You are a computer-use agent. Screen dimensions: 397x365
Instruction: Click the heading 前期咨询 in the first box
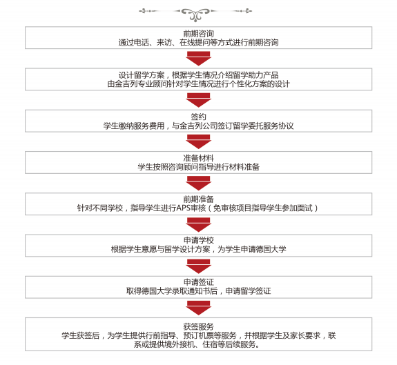click(199, 33)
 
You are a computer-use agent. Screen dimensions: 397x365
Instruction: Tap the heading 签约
click(199, 117)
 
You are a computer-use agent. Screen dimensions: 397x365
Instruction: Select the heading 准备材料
click(199, 158)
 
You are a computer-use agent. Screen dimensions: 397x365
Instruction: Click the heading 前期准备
click(199, 199)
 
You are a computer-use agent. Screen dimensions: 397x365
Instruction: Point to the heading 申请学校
click(199, 240)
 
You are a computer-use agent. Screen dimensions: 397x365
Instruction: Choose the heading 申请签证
click(199, 282)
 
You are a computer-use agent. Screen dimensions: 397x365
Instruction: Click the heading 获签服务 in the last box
click(199, 326)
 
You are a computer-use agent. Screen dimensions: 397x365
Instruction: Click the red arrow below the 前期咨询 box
click(199, 59)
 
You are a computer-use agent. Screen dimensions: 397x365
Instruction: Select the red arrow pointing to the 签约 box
click(199, 100)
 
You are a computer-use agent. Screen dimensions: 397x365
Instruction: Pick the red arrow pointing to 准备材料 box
click(199, 141)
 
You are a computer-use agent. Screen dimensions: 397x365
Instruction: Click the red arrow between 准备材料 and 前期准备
click(199, 183)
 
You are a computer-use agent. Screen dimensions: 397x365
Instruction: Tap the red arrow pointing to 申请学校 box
click(199, 225)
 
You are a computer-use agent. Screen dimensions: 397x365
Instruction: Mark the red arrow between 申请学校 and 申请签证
click(199, 266)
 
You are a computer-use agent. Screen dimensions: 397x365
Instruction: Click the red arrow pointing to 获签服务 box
click(199, 308)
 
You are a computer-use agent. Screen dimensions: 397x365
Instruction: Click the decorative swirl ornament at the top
click(195, 14)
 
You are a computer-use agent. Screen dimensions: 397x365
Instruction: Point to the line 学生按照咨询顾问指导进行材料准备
click(199, 167)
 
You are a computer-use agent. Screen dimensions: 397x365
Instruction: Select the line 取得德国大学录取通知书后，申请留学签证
click(199, 291)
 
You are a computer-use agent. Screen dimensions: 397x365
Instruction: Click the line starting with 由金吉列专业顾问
click(199, 83)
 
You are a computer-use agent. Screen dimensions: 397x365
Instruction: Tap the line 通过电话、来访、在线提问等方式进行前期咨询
click(199, 42)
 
